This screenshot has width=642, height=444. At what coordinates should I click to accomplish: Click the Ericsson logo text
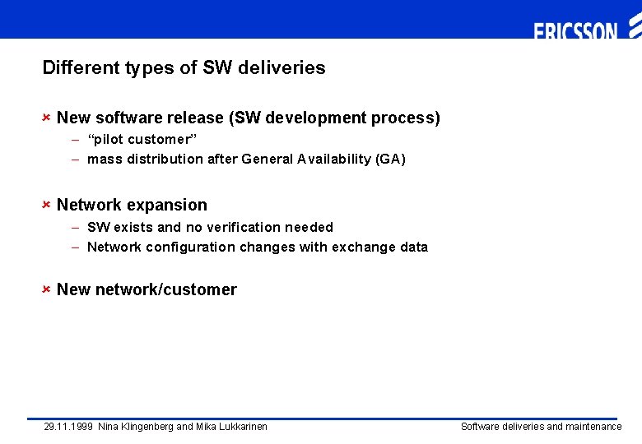(x=575, y=32)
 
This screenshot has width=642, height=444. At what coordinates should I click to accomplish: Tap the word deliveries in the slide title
(x=282, y=67)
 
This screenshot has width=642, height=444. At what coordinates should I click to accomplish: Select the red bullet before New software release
(x=47, y=118)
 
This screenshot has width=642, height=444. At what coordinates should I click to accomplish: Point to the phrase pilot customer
(x=142, y=139)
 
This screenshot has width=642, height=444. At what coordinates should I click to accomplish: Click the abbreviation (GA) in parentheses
(x=390, y=159)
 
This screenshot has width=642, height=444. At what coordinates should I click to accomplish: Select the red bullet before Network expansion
(x=47, y=205)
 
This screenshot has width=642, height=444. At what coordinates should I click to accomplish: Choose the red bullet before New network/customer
(x=47, y=289)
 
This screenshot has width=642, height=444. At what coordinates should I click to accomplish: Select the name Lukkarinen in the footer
(x=242, y=427)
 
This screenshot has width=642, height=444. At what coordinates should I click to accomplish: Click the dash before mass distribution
(x=75, y=159)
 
